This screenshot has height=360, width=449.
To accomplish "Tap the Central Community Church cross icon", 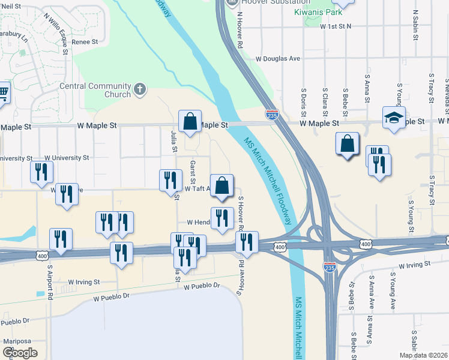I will click(140, 89).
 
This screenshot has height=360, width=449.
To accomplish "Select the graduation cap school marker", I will click(394, 118).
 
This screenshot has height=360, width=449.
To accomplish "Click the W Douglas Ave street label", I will click(277, 59).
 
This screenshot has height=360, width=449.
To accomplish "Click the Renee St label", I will click(85, 42).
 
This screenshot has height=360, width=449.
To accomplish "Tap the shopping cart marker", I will click(3, 92).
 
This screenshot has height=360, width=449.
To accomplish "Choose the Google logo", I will click(20, 352).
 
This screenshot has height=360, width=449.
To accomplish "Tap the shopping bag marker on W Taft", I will click(221, 185).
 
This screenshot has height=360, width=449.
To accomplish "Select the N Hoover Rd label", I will click(240, 33).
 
